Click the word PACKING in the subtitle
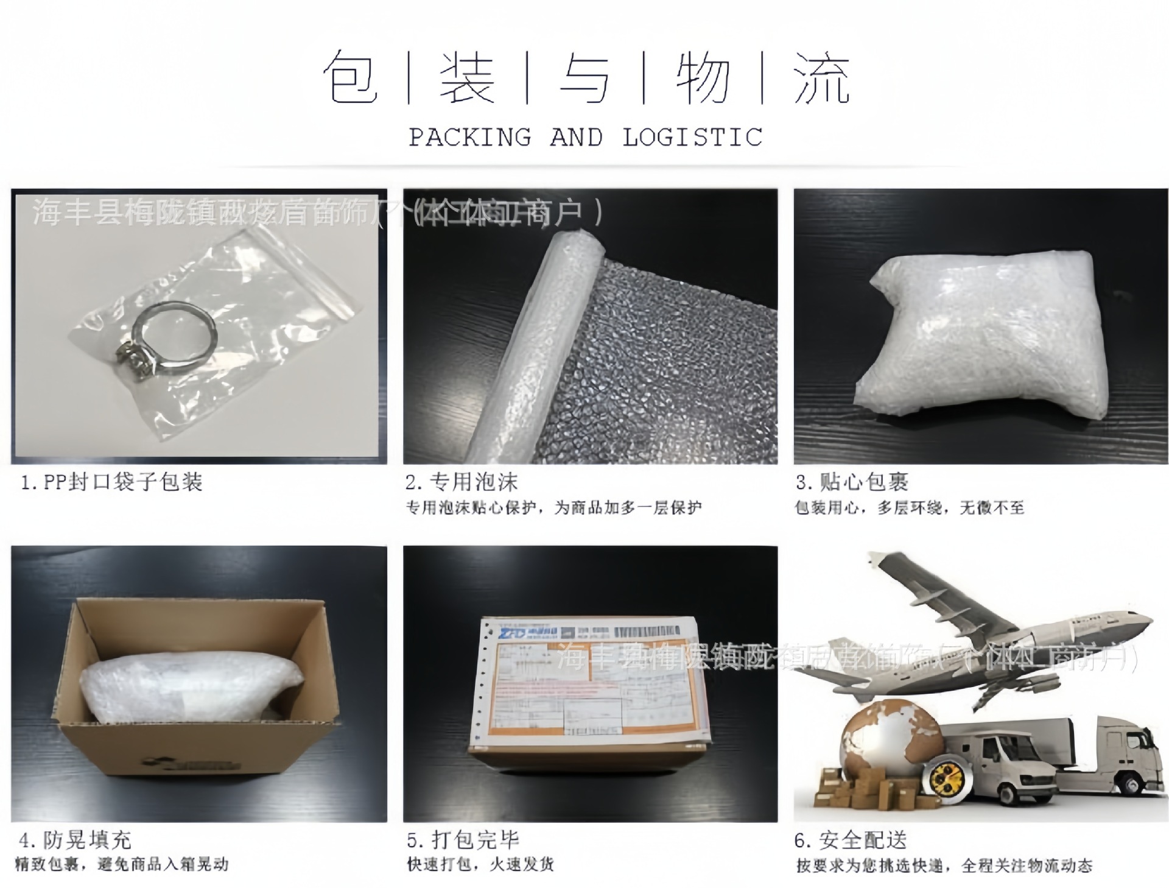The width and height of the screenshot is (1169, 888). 469,138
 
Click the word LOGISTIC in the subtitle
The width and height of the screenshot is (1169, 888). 692,138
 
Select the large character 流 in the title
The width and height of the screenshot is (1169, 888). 821,78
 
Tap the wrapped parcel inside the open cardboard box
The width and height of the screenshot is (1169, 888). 192,685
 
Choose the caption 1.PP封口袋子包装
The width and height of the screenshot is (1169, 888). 111,482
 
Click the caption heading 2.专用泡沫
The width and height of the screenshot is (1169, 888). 462,482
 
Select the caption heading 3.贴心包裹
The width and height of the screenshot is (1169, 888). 852,482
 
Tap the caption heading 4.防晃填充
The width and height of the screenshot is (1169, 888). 75,840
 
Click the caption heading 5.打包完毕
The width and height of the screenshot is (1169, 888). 463,840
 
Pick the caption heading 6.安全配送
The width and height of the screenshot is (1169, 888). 851,840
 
